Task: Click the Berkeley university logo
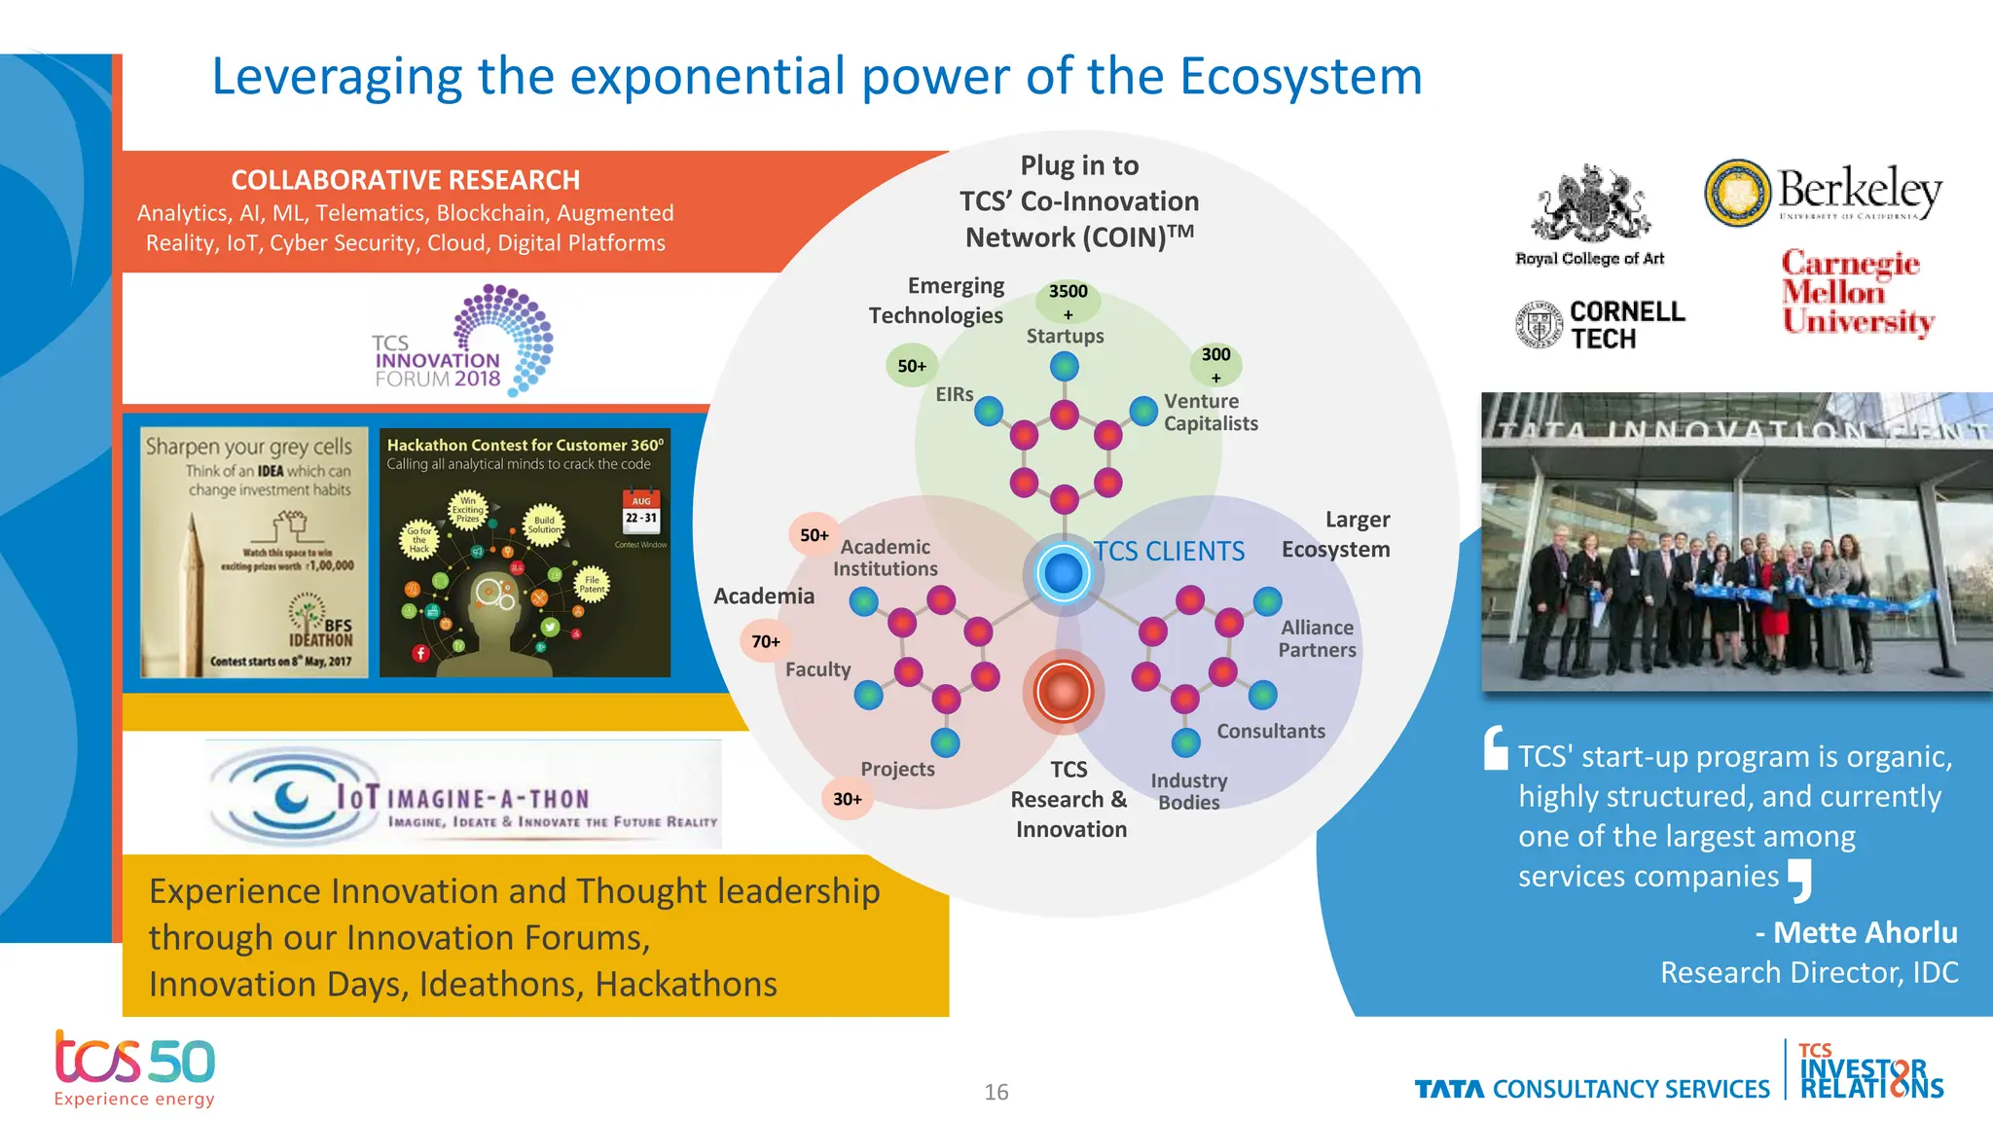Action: click(1824, 194)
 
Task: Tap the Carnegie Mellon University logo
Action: click(1857, 292)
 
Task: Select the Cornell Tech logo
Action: click(1601, 324)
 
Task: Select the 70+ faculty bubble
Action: click(765, 641)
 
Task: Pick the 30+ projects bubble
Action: click(847, 799)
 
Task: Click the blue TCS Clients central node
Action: click(1063, 573)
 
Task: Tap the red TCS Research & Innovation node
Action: click(1063, 692)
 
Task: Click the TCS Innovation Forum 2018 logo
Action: click(462, 341)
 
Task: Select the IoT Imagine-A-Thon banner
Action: click(464, 795)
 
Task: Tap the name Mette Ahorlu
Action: click(1864, 932)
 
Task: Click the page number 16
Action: click(996, 1092)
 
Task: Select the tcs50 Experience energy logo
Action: click(134, 1068)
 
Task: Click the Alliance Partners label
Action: click(1317, 638)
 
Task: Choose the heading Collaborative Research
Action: click(405, 180)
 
